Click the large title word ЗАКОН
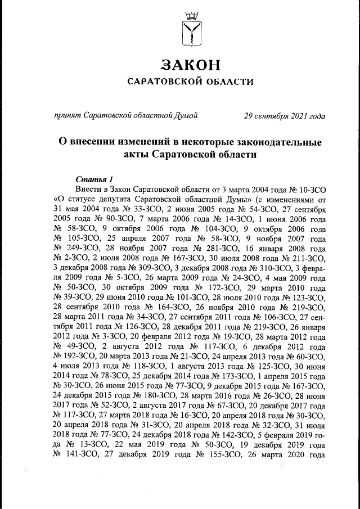[x=190, y=65]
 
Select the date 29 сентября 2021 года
[x=284, y=116]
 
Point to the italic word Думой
[x=186, y=116]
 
